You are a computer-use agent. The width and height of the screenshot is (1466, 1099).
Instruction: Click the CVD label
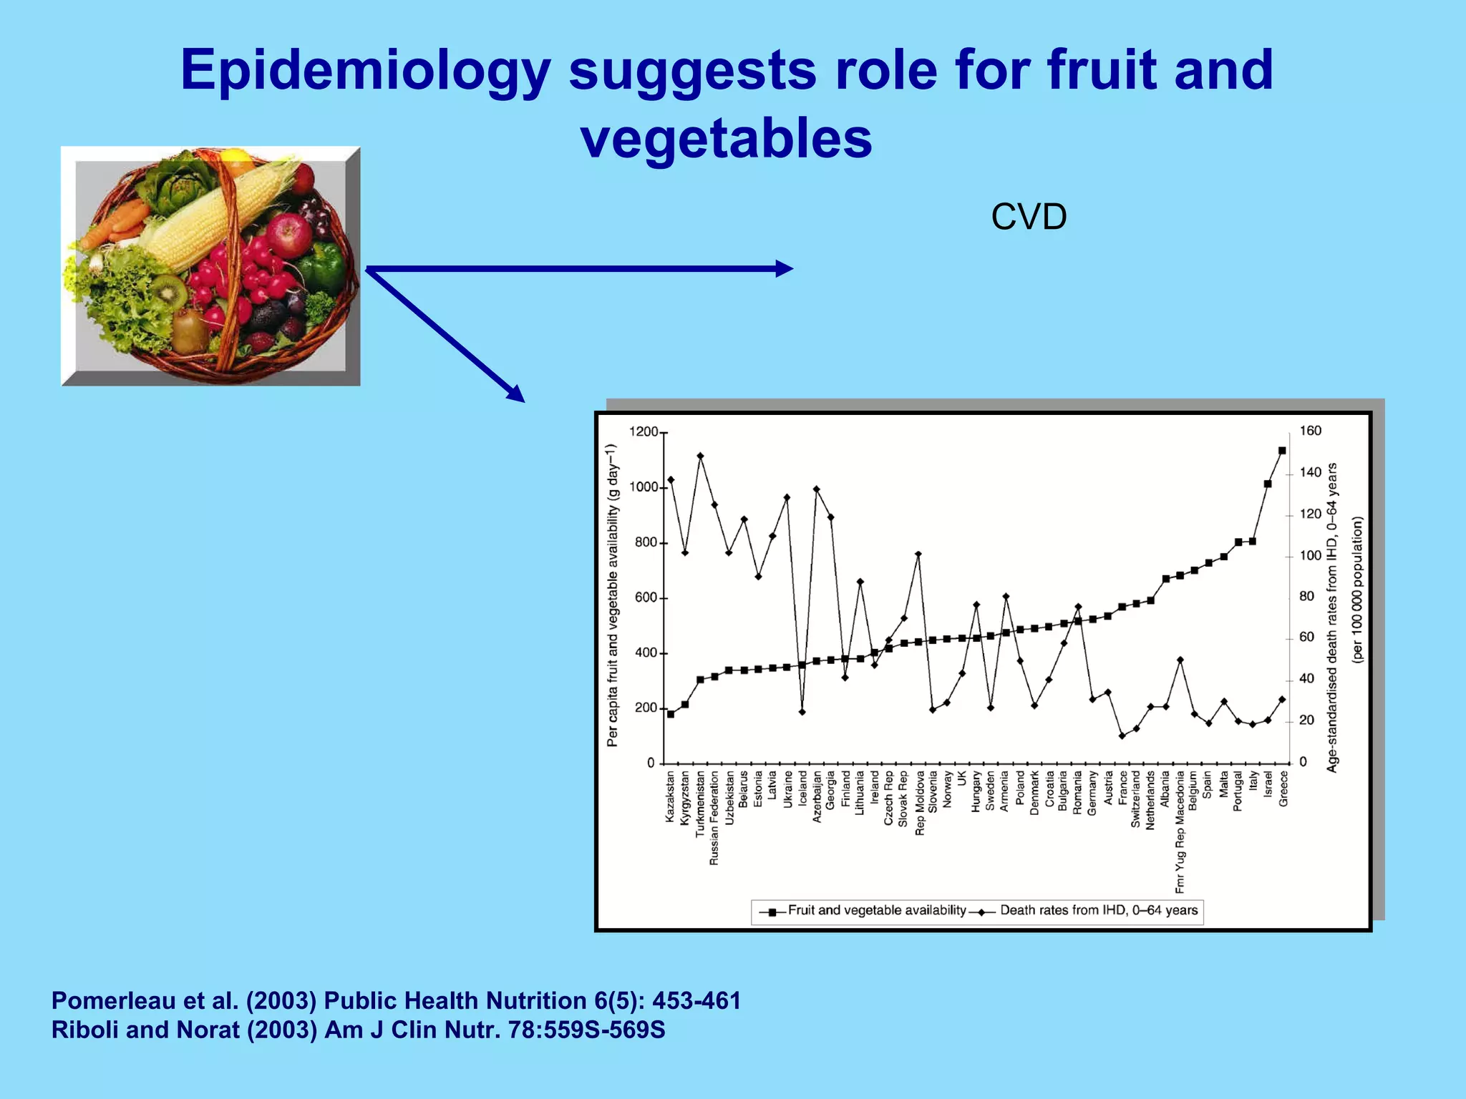pyautogui.click(x=1029, y=217)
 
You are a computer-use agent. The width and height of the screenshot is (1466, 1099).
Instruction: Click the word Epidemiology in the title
pyautogui.click(x=365, y=70)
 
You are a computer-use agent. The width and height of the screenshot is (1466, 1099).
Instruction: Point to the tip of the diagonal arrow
pyautogui.click(x=523, y=401)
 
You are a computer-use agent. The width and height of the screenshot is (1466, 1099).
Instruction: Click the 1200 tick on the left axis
pyautogui.click(x=644, y=432)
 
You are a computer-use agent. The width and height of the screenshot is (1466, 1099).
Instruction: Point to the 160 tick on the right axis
pyautogui.click(x=1310, y=431)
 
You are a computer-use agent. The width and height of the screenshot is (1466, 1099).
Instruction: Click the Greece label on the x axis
pyautogui.click(x=1283, y=788)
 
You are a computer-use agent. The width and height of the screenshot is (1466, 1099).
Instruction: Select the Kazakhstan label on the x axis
pyautogui.click(x=671, y=796)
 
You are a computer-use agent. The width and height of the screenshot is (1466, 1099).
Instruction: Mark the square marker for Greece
pyautogui.click(x=1282, y=451)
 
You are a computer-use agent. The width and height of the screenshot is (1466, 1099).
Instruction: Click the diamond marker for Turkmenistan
pyautogui.click(x=700, y=456)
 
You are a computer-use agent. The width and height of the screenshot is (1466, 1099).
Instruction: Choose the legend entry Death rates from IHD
pyautogui.click(x=1098, y=911)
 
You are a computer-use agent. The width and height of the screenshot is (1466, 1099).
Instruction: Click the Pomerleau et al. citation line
pyautogui.click(x=396, y=1000)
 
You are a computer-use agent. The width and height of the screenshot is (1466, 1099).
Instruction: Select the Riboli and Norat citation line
pyautogui.click(x=358, y=1030)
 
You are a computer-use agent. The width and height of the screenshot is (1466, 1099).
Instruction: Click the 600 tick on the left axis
pyautogui.click(x=646, y=598)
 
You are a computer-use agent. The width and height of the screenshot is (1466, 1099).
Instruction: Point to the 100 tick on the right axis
pyautogui.click(x=1310, y=556)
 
